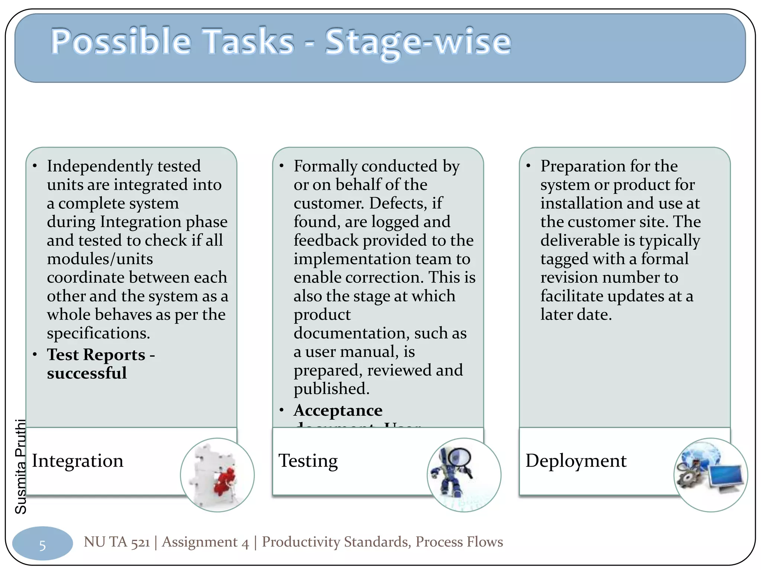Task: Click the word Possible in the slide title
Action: pos(121,42)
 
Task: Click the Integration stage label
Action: pos(77,461)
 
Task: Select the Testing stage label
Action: pos(308,461)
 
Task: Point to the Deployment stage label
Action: pos(576,461)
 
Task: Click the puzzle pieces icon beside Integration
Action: pos(217,475)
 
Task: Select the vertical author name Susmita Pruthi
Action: pos(21,466)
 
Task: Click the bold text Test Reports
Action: pos(96,355)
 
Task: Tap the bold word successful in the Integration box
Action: pos(87,373)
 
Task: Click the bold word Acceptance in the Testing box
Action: pos(338,410)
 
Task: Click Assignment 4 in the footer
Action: pos(205,542)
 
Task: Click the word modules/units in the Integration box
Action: pos(100,259)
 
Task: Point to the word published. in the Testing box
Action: pos(331,389)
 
